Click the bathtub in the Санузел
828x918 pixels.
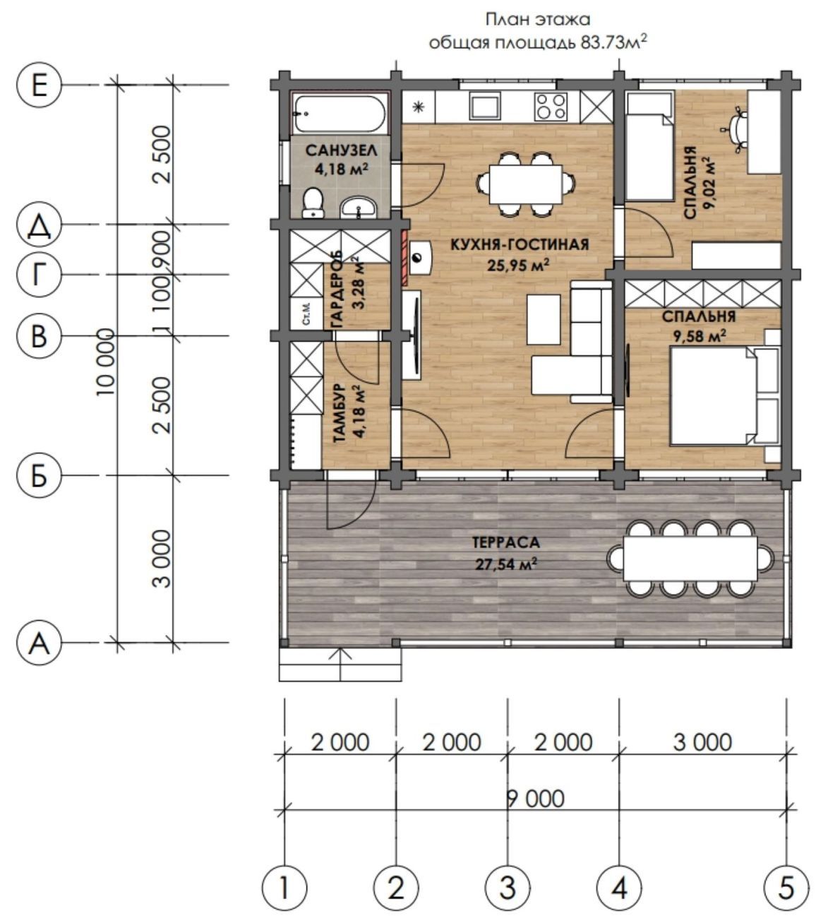tap(340, 114)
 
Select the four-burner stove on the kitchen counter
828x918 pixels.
tap(551, 106)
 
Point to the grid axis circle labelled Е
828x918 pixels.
tap(39, 85)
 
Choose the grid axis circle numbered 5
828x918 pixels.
tap(786, 888)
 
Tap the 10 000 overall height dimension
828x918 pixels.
tap(105, 362)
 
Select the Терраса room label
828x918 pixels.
tap(506, 542)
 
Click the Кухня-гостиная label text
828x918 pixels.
tap(520, 244)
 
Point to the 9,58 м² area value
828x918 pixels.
tap(700, 336)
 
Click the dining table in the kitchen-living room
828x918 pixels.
tap(525, 184)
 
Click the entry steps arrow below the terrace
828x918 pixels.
tap(340, 664)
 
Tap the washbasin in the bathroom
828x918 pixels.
tap(358, 208)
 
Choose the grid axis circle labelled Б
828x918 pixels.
tap(39, 475)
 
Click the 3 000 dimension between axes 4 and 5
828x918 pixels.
tap(702, 742)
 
